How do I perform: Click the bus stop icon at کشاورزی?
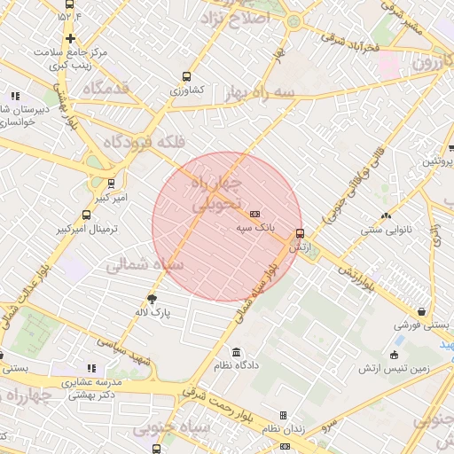[185, 76]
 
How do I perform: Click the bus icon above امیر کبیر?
[110, 184]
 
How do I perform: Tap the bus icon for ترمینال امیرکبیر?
[86, 215]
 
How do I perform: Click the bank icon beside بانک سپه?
[255, 214]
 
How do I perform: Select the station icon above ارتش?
[300, 233]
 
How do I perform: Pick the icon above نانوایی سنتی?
[385, 215]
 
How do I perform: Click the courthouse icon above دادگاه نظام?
[236, 352]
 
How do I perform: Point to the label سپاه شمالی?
[145, 264]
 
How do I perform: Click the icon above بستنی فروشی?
[422, 311]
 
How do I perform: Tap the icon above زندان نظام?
[284, 415]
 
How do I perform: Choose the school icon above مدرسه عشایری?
[90, 368]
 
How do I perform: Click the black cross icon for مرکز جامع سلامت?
[69, 38]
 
